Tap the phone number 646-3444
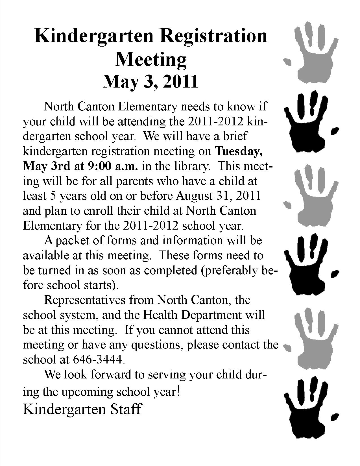(x=98, y=360)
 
